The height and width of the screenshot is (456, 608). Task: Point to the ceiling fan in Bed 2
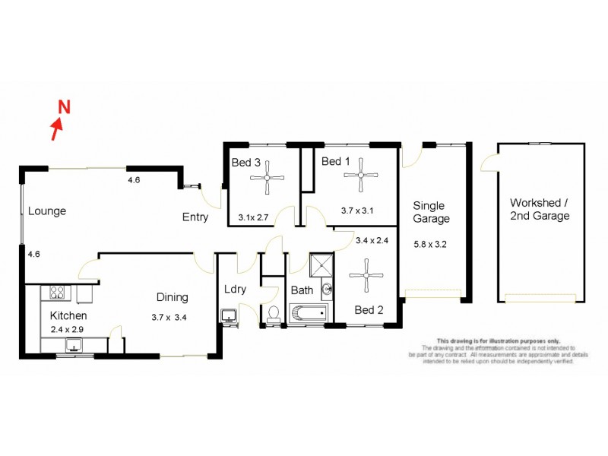367,275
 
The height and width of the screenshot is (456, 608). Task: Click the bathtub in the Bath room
309,312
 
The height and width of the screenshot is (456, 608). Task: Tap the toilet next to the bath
274,314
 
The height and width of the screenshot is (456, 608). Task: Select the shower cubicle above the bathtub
321,265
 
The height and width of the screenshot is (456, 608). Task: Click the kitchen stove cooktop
57,292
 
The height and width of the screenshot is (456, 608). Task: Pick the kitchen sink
74,347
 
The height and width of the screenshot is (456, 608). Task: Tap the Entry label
195,217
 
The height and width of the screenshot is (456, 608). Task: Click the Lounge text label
47,211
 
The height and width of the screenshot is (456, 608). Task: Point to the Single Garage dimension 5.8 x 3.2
432,244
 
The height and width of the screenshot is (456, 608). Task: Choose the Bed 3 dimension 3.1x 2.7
253,217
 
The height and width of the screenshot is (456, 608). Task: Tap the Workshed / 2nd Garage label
540,210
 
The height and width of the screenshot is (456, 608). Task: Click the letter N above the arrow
65,106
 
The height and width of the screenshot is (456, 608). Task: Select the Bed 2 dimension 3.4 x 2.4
372,241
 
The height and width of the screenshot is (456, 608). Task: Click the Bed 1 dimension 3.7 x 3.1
357,211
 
